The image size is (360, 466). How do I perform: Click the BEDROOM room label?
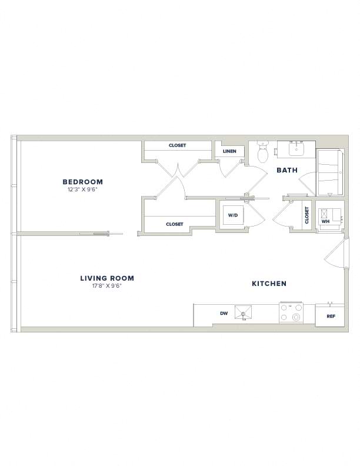coord(82,182)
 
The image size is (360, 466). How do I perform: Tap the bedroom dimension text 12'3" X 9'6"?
coord(82,189)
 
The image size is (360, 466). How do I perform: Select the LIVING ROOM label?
coord(107,278)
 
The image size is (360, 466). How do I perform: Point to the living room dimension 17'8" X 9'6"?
coord(107,285)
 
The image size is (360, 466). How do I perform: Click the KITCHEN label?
coord(269,284)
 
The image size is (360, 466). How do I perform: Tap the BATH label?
coord(287,170)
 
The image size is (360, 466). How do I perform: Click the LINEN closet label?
coord(229,151)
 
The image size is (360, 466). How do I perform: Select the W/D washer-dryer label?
coord(233,215)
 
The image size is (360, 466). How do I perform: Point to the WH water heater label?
coord(325,221)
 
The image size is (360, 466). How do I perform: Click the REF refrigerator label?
coord(331,317)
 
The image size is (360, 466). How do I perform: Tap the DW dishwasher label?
coord(224,313)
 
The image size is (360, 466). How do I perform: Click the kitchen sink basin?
coord(243,312)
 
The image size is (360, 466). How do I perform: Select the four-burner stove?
coord(291,312)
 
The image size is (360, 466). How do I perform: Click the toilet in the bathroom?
coord(262,151)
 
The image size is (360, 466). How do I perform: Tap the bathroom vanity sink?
coord(296,148)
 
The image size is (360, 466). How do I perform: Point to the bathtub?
coord(331,172)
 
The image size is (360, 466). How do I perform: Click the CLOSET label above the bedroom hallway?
coord(177,145)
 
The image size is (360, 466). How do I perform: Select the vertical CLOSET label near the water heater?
coord(307,215)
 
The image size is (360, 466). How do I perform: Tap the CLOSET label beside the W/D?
coord(175,224)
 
